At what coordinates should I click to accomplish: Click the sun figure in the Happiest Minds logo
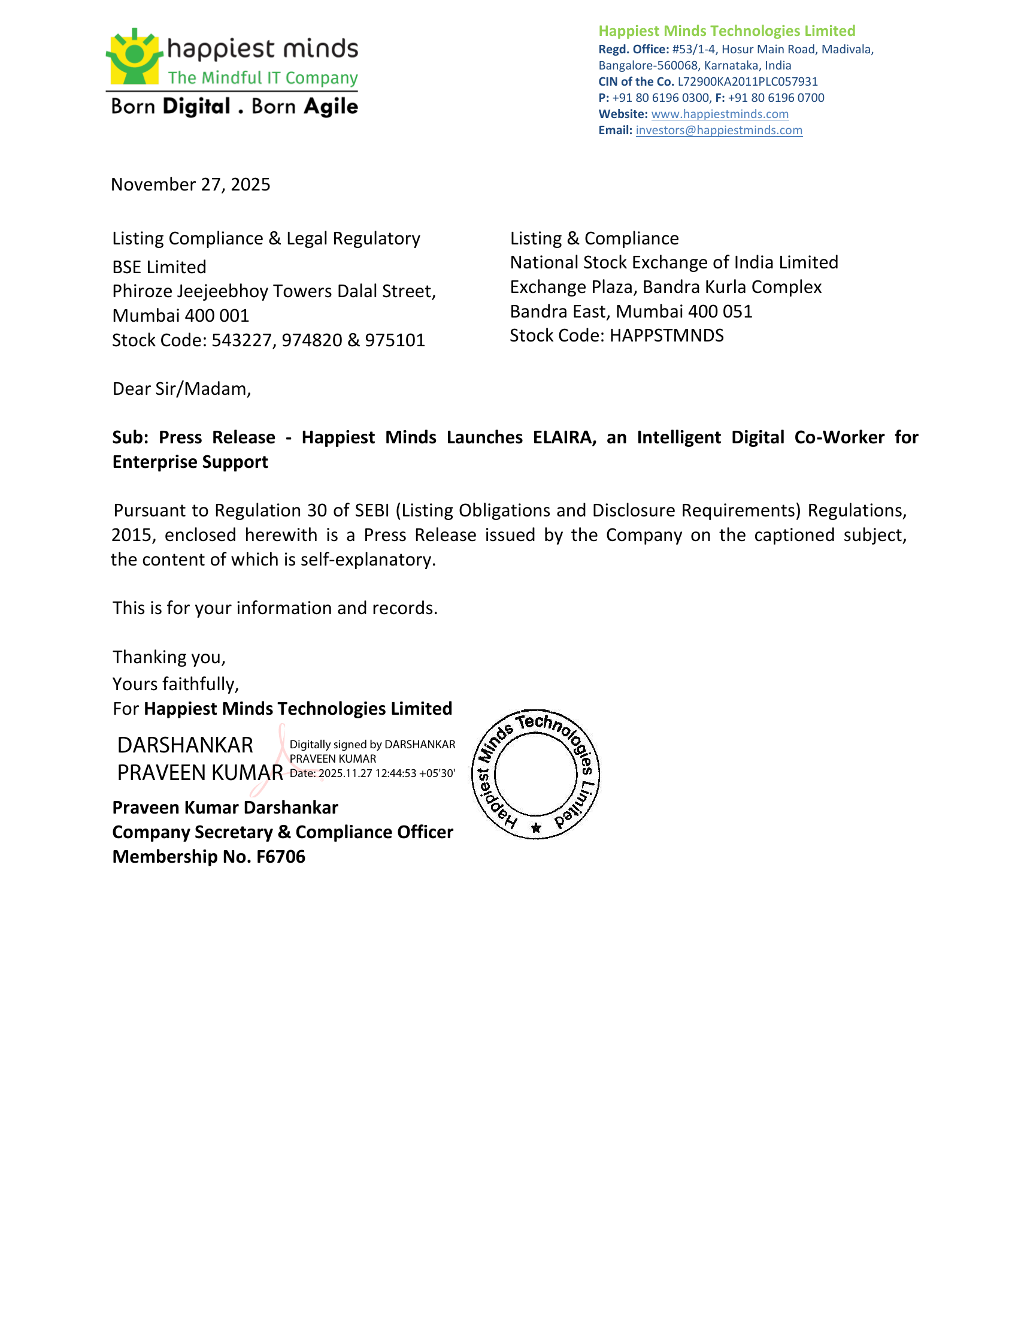click(134, 56)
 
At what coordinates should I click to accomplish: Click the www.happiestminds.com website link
click(719, 114)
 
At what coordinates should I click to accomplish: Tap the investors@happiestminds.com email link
click(719, 131)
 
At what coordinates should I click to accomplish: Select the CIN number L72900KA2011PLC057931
click(748, 81)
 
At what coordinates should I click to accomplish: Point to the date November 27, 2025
click(190, 185)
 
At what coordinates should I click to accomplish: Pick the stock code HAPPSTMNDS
click(666, 335)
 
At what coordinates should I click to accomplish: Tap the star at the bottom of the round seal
click(536, 828)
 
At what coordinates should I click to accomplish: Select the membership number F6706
click(280, 857)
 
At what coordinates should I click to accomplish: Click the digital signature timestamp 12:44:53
click(395, 773)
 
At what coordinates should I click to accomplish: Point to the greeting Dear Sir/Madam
click(181, 389)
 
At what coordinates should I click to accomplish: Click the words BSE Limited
click(159, 267)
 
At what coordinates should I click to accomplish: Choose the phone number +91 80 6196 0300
click(661, 98)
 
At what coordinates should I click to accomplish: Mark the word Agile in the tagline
click(331, 107)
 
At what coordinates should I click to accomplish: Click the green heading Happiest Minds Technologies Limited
click(727, 31)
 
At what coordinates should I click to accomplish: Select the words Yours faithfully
click(175, 684)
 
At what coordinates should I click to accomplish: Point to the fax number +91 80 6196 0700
click(776, 98)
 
